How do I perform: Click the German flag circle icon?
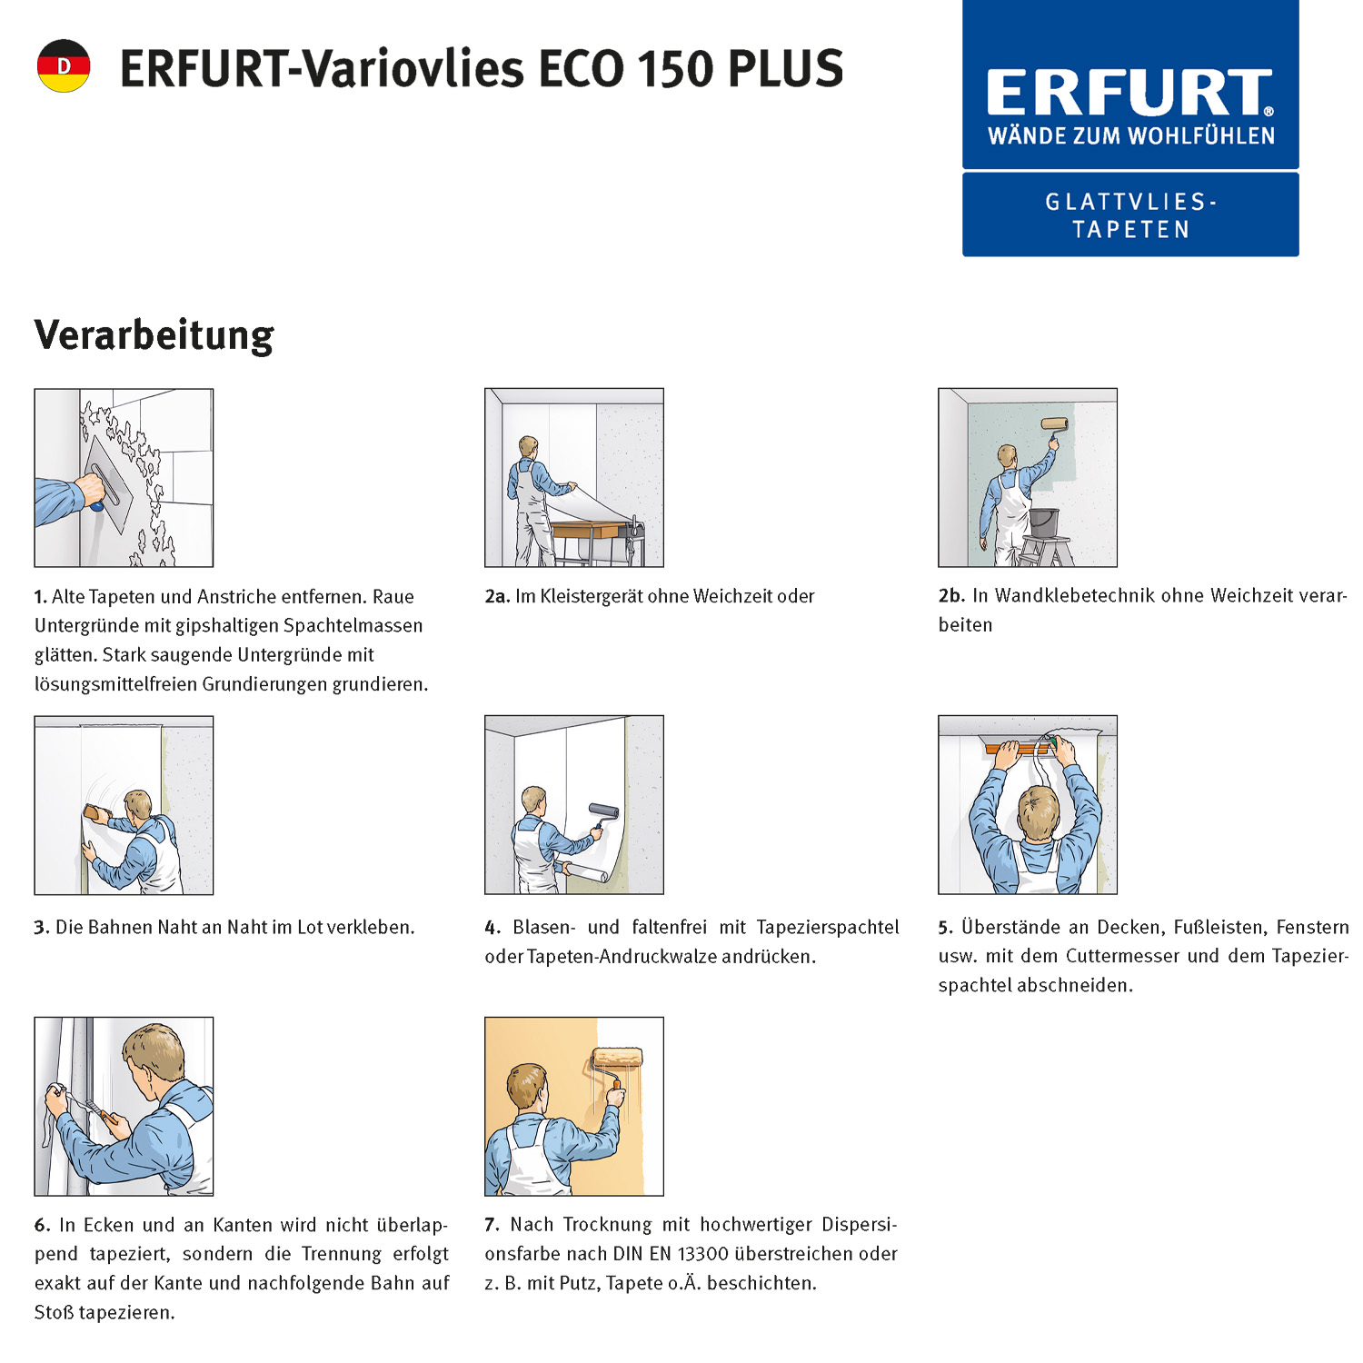point(64,65)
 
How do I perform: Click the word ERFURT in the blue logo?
point(1129,93)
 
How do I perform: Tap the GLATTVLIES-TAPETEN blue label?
point(1130,215)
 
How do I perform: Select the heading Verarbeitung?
point(154,334)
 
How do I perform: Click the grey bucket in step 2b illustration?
point(1043,522)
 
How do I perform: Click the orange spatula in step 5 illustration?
point(1018,749)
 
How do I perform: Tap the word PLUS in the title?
point(786,69)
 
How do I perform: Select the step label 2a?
point(496,596)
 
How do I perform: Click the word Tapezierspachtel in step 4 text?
point(827,927)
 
